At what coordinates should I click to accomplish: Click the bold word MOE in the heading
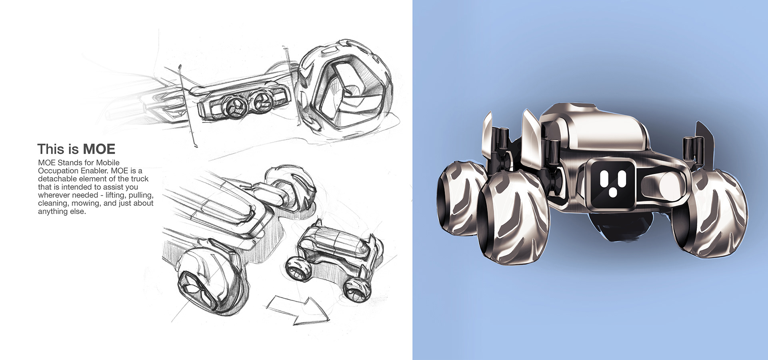(x=99, y=149)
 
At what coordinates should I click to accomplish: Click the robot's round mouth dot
(x=612, y=194)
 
